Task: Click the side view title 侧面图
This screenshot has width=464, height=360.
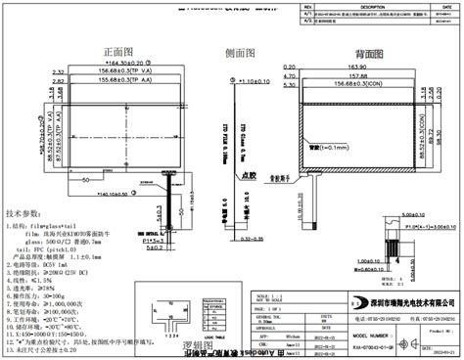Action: point(241,51)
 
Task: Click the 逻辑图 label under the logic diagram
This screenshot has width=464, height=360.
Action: point(176,346)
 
